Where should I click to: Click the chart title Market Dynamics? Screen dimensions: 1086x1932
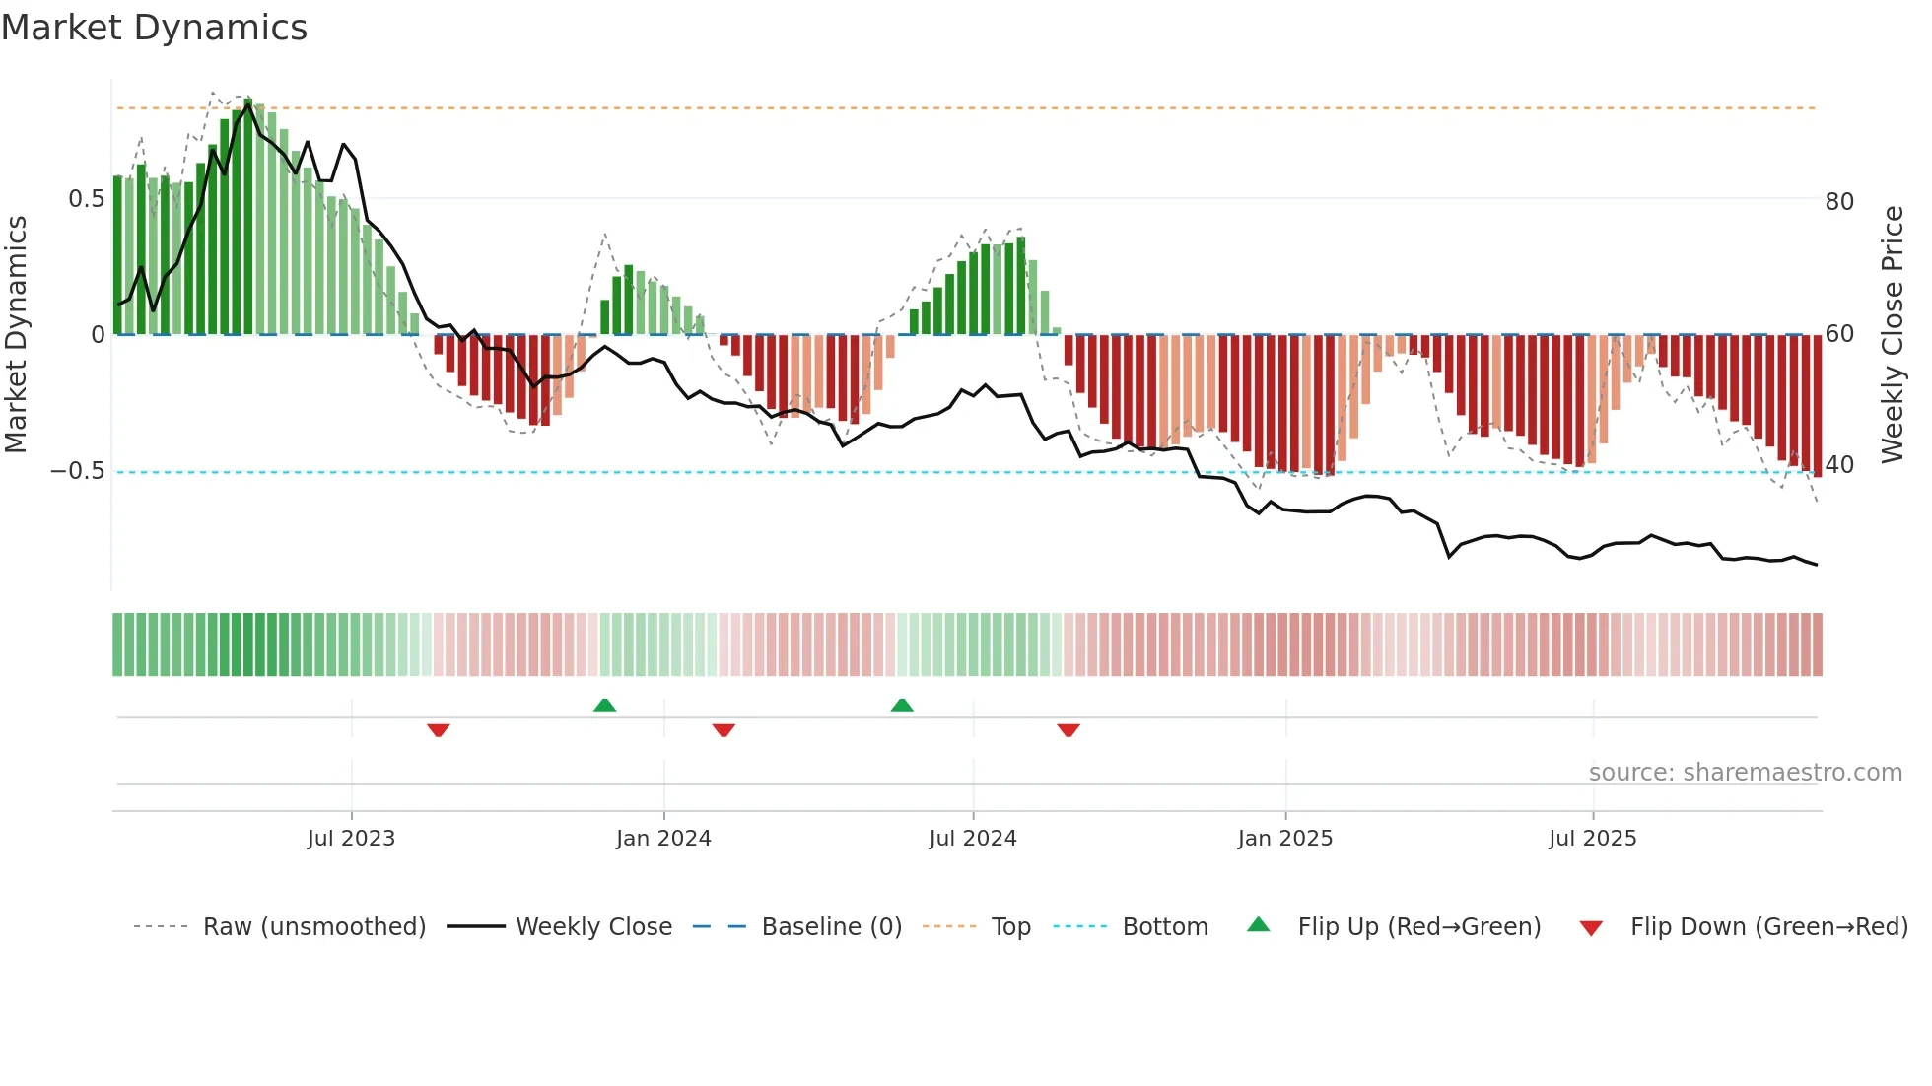pyautogui.click(x=155, y=28)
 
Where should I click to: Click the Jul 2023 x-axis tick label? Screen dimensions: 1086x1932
pyautogui.click(x=351, y=839)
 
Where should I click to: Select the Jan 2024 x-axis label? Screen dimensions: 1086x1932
pyautogui.click(x=663, y=839)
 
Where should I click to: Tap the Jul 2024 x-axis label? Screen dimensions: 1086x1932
pyautogui.click(x=973, y=839)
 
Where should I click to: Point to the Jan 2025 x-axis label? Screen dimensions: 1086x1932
pyautogui.click(x=1285, y=839)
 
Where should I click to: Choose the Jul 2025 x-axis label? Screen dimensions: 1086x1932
pyautogui.click(x=1593, y=839)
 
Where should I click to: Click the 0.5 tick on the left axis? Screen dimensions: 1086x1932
pyautogui.click(x=86, y=199)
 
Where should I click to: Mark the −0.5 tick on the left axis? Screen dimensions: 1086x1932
pyautogui.click(x=77, y=471)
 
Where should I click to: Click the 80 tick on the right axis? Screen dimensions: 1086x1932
pyautogui.click(x=1839, y=202)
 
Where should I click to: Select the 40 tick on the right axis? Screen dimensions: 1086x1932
pyautogui.click(x=1839, y=464)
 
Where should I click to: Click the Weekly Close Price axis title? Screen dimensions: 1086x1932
pyautogui.click(x=1893, y=335)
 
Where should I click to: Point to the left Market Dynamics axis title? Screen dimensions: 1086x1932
pyautogui.click(x=16, y=335)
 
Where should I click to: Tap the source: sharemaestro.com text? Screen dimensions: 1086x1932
pyautogui.click(x=1745, y=773)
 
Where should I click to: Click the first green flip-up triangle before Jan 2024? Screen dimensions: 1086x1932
pyautogui.click(x=604, y=705)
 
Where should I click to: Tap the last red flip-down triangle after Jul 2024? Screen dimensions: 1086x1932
pyautogui.click(x=1069, y=730)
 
